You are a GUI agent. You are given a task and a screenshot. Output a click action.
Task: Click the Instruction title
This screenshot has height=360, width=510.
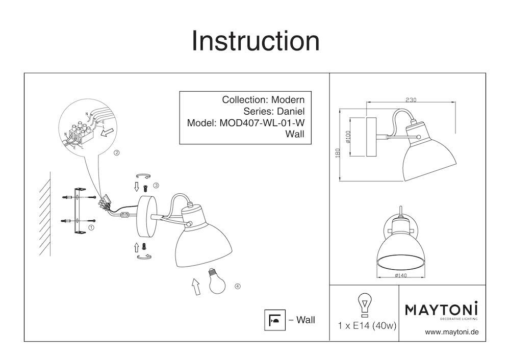coord(255,41)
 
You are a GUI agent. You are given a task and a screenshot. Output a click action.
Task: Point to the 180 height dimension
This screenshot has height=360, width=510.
coord(337,153)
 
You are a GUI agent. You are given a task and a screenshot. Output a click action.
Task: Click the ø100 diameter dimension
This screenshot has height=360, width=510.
coord(348,137)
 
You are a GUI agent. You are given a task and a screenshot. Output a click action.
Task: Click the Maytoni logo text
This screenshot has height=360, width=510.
coord(441,309)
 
